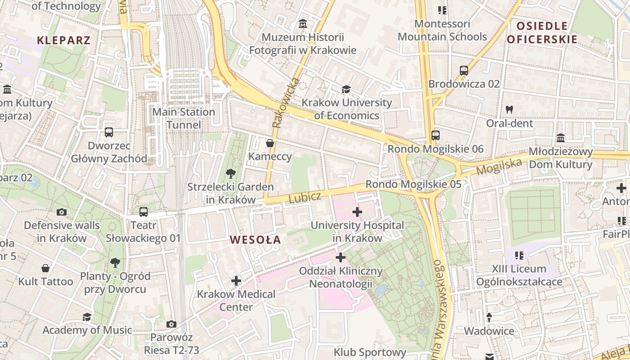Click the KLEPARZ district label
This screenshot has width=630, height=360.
[63, 40]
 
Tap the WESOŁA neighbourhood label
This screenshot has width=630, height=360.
[255, 240]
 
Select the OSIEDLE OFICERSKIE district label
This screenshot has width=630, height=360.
[542, 32]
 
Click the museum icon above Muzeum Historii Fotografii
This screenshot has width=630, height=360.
[303, 23]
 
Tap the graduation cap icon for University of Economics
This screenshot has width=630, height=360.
[346, 89]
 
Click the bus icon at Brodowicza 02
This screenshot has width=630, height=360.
[464, 71]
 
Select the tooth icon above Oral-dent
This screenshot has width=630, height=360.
[509, 109]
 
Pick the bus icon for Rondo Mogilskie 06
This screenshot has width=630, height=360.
[435, 135]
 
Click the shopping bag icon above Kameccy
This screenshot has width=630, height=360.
[270, 143]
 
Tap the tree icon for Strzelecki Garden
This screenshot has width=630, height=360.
[230, 173]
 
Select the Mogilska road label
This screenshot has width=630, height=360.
[499, 166]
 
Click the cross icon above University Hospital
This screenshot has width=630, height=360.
[357, 211]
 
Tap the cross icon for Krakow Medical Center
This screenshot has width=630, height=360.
[236, 281]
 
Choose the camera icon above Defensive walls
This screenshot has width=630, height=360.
[62, 212]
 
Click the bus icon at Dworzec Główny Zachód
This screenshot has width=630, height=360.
[109, 132]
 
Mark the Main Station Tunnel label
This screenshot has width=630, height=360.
[184, 118]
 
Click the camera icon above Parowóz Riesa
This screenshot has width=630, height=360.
[171, 324]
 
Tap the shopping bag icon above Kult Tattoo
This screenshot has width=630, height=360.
[45, 268]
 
